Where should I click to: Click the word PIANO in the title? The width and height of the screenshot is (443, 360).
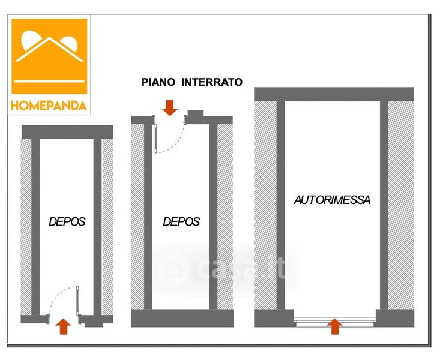coord(158,82)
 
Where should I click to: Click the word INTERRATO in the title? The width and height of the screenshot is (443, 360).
coord(212,82)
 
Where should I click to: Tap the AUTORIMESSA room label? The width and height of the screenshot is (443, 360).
coord(332,200)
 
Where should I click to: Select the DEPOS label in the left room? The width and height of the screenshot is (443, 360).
coord(67,221)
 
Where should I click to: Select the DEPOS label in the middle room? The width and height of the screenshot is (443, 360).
coord(181,221)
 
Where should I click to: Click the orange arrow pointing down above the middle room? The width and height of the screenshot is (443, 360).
coord(170,107)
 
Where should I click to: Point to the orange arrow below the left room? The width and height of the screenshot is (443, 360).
coord(63,326)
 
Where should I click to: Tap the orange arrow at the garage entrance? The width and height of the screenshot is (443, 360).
coord(334,326)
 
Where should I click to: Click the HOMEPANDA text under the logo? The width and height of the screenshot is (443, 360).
coord(49,106)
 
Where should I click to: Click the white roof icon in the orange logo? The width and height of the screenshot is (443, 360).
coord(49,49)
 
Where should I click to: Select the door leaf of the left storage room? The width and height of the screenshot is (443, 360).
coord(77,301)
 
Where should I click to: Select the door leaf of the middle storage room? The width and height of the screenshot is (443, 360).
coord(155,138)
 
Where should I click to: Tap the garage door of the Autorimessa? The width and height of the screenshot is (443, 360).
coord(335,320)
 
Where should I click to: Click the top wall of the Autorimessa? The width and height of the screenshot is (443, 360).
coord(334,94)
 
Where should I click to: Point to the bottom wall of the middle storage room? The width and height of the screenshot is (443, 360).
coord(182,318)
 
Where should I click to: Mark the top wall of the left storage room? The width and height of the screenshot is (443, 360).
coord(67,132)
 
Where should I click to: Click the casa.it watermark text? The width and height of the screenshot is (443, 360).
coord(241,268)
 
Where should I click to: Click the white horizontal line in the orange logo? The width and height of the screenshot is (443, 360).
coord(49,82)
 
